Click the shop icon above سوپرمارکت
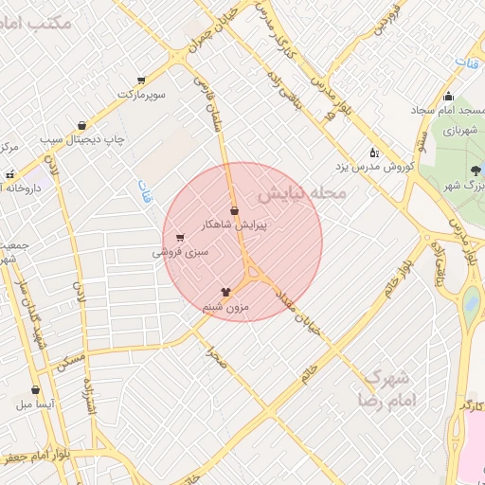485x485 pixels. coord(141,81)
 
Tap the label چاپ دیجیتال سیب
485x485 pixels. coord(83,139)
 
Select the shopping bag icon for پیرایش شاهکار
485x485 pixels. coord(234,210)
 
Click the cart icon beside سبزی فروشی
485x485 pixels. coord(180,238)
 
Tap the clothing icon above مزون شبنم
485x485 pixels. coord(226,292)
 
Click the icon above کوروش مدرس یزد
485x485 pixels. coord(374,153)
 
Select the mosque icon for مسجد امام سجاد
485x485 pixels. coord(448,96)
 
